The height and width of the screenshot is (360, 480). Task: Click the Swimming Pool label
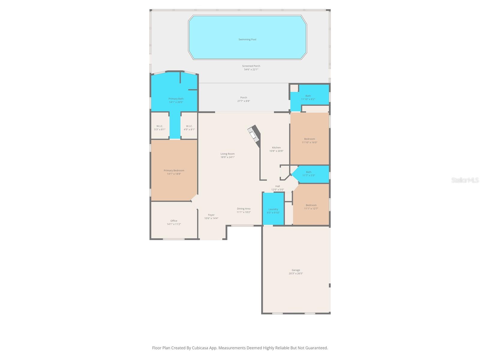[247, 39]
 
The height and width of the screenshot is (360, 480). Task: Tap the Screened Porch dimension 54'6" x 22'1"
[251, 70]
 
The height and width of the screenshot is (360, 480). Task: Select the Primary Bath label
[176, 99]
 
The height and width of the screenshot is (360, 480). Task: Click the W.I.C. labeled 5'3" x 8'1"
[160, 128]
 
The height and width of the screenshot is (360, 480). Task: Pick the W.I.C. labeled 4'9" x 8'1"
[189, 128]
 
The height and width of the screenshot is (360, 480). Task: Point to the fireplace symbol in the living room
[254, 133]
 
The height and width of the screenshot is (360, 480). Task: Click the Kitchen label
[276, 148]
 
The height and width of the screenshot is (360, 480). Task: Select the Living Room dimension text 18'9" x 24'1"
[227, 157]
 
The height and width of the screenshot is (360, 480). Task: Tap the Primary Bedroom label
[174, 170]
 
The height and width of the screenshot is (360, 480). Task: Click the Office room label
[174, 221]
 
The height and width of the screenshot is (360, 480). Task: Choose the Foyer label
[211, 215]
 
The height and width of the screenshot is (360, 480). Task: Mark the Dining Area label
[244, 209]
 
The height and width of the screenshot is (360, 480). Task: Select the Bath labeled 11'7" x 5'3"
[309, 174]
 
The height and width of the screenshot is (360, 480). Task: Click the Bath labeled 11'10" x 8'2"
[308, 97]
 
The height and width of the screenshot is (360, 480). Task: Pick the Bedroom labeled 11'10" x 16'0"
[310, 141]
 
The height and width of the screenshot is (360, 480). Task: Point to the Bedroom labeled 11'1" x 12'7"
[311, 207]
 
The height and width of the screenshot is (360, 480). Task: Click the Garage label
[296, 270]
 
